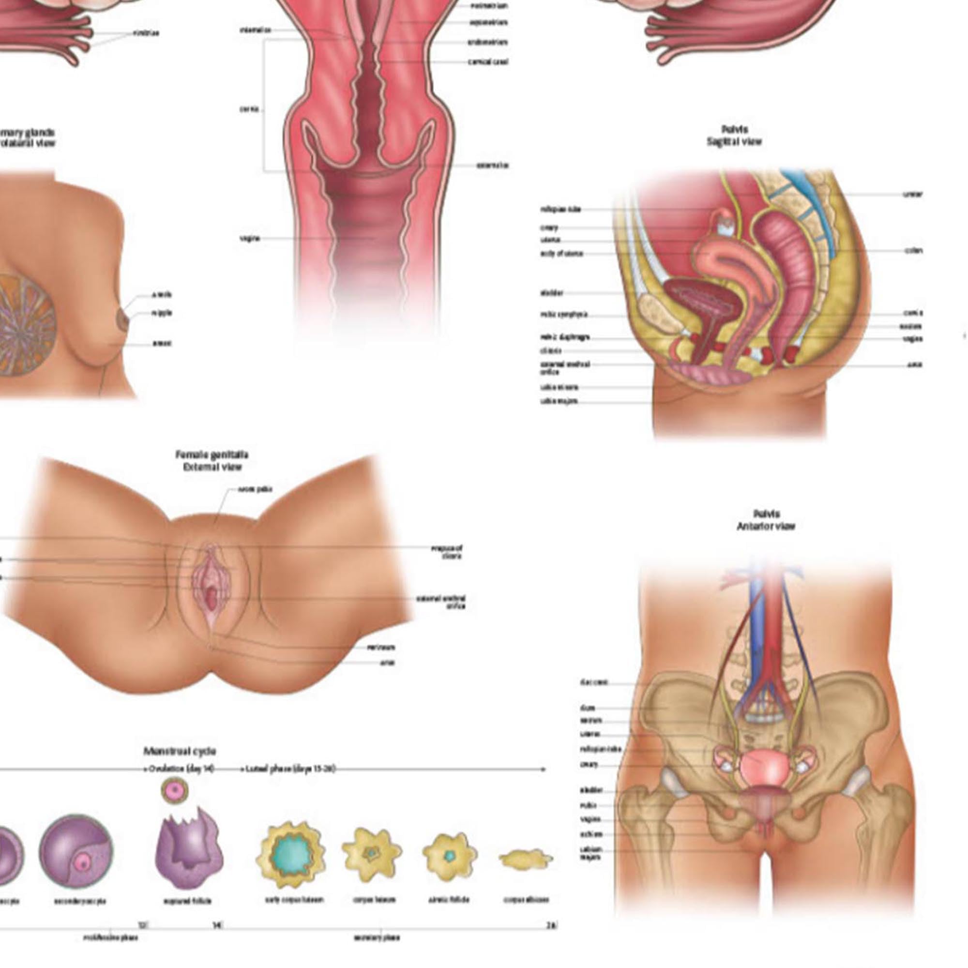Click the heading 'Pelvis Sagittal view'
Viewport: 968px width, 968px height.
coord(734,136)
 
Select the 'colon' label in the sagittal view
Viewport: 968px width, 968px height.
coord(914,251)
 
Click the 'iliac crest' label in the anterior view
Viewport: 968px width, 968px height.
coord(594,682)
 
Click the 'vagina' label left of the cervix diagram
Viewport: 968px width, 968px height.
coord(250,239)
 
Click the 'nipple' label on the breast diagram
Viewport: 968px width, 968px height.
coord(161,313)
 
